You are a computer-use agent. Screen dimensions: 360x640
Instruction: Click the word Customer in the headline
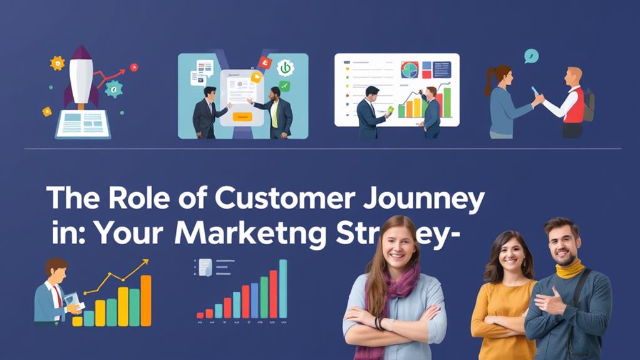pos(279,199)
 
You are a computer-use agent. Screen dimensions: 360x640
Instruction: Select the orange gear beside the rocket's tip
pos(58,63)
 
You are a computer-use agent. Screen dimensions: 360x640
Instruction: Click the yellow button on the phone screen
pos(241,116)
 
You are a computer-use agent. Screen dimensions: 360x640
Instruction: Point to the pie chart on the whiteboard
pos(410,69)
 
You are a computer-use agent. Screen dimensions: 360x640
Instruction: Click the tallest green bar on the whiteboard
pos(446,102)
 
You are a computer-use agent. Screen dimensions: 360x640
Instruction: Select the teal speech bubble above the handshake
pos(531,56)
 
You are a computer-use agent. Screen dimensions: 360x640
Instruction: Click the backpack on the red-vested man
pos(588,105)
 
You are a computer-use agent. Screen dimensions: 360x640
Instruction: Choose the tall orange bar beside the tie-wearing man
pos(146,301)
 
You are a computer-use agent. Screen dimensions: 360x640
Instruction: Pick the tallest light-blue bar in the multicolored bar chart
pos(283,289)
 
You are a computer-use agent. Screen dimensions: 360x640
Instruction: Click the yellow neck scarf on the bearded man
pos(570,269)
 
